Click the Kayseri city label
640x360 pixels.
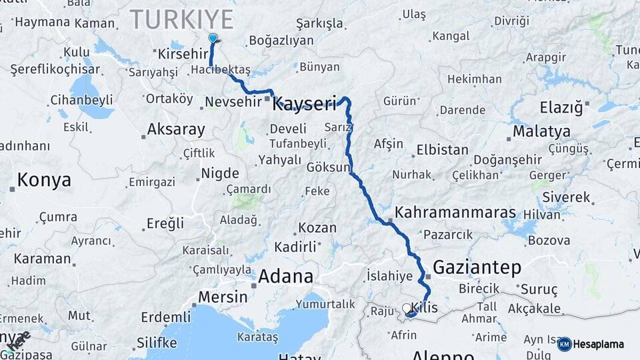304,103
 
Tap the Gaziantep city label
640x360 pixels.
477,268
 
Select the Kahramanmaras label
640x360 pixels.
455,213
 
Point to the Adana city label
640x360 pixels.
285,276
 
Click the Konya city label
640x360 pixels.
44,180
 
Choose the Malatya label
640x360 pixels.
541,131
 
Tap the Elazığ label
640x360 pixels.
561,107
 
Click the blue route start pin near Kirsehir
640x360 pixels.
213,39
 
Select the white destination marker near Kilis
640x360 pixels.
407,309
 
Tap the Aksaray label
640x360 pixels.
176,129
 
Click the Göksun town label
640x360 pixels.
328,167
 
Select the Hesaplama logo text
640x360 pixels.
598,345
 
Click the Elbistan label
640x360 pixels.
442,149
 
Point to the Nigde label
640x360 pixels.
219,173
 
